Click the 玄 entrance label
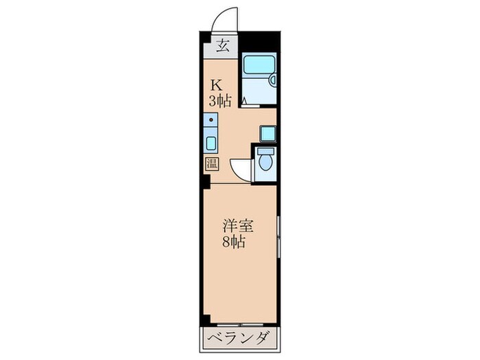click(x=223, y=47)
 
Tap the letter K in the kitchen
click(x=217, y=86)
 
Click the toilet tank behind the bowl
click(x=265, y=152)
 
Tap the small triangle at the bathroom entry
click(x=244, y=100)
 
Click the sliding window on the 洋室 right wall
click(x=278, y=237)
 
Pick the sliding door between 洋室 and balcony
click(x=240, y=324)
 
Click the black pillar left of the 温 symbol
click(x=205, y=184)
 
